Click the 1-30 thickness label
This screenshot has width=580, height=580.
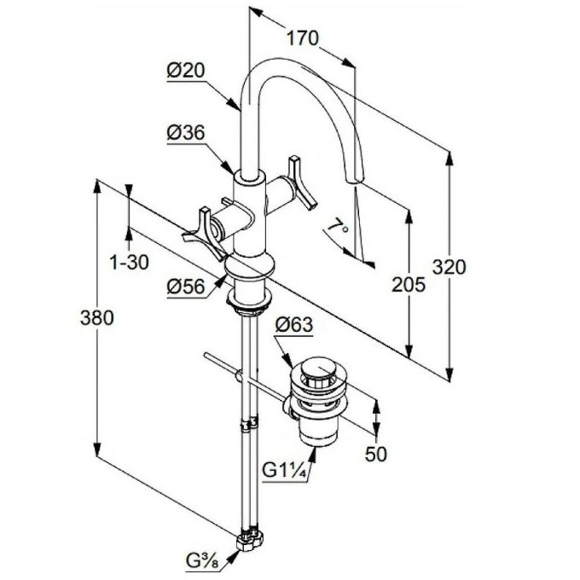pos(130,263)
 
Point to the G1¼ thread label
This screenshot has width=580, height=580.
pos(281,470)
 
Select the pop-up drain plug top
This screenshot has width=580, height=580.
pos(318,368)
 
